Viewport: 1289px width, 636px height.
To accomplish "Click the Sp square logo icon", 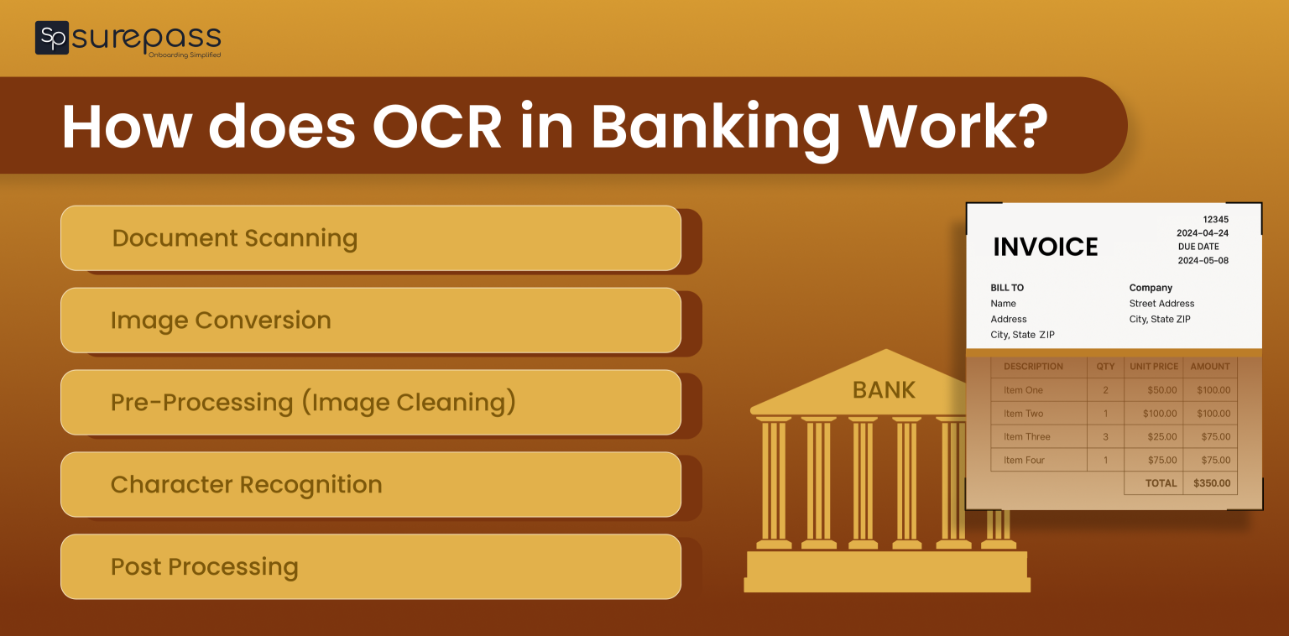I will pos(51,38).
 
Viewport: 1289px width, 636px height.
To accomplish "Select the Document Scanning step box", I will pos(370,238).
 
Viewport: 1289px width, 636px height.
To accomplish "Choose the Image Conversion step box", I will pos(370,321).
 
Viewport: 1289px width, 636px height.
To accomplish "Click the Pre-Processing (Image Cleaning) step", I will pos(370,403).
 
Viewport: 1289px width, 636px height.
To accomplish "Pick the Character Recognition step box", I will pos(370,485).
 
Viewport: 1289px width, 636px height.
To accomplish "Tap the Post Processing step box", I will pos(370,567).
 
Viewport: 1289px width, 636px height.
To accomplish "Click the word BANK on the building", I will pos(884,390).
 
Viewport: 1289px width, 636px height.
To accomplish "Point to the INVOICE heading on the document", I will pos(1045,247).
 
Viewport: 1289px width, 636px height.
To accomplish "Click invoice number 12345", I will pos(1215,219).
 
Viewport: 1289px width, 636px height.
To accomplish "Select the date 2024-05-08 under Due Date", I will pos(1203,260).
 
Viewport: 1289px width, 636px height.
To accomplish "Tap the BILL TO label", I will pos(1007,288).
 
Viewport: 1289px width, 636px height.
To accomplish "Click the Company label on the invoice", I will pos(1151,288).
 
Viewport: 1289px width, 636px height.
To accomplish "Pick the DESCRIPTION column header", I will pos(1033,367).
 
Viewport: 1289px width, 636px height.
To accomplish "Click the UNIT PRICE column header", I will pos(1154,367).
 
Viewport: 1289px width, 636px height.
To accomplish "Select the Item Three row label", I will pos(1026,437).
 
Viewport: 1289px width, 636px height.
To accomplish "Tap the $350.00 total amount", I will pos(1212,483).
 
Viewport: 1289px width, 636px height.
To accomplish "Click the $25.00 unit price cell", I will pos(1162,437).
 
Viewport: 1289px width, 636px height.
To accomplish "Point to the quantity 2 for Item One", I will pos(1105,390).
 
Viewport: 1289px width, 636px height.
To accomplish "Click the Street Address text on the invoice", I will pos(1161,304).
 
